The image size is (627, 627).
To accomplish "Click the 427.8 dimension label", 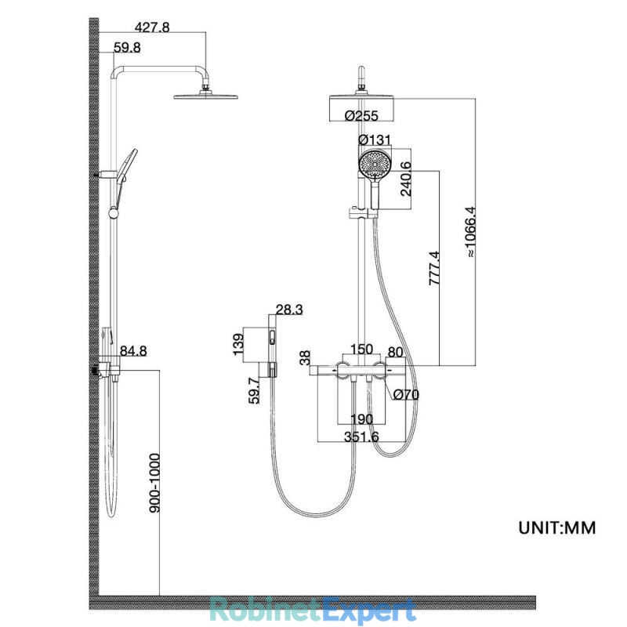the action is (152, 27).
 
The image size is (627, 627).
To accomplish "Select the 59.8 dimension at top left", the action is (127, 48).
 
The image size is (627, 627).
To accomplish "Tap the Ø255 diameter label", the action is (361, 115).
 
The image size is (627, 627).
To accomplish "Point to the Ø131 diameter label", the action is (375, 140).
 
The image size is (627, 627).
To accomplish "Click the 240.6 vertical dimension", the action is (406, 179).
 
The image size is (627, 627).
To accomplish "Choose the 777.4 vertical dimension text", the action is (434, 268).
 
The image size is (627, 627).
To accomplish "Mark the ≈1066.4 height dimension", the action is (470, 231).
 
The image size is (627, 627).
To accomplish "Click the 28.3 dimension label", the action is (289, 310).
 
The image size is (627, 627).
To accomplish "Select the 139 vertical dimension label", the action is (238, 344).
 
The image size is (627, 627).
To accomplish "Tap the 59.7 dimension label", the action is (254, 390).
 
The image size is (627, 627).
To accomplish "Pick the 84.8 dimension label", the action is (133, 351).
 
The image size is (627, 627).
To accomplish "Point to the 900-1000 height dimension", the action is (154, 483).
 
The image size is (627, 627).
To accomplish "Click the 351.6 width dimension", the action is (361, 437).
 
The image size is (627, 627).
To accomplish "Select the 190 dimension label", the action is (362, 419).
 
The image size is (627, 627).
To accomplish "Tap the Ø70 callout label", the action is (406, 395).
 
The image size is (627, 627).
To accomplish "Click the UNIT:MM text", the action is (557, 527).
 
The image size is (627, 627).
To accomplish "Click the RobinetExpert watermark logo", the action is (313, 610).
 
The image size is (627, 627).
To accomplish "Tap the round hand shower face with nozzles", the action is (375, 164).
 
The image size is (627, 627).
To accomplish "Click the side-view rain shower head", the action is (206, 96).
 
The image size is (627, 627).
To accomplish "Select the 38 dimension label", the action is (305, 357).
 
